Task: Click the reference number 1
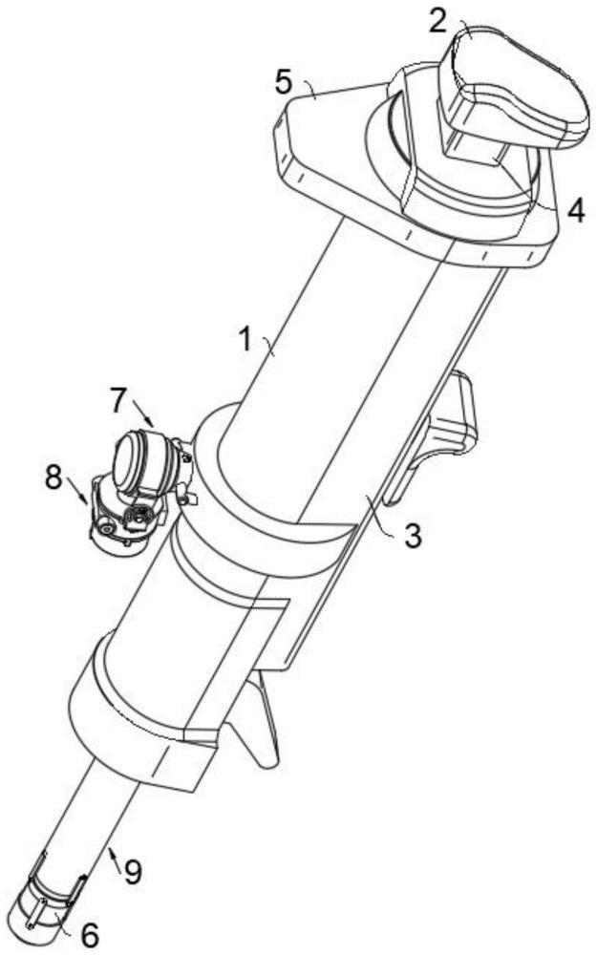245,339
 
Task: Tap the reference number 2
438,20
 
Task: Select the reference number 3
413,536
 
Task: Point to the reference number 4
576,210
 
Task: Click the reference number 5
284,81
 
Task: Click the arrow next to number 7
143,413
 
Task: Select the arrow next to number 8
77,491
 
